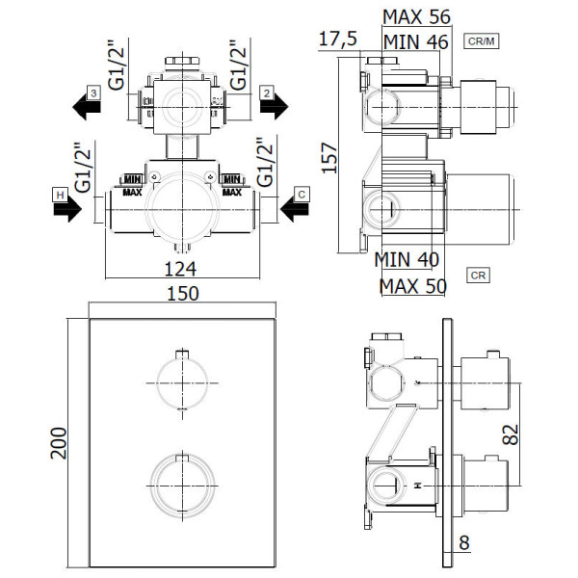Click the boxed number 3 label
click(x=93, y=92)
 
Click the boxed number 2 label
click(x=267, y=93)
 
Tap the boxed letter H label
click(x=60, y=195)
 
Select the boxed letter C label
click(x=302, y=195)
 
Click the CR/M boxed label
click(x=481, y=40)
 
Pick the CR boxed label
click(x=478, y=276)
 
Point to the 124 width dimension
click(x=180, y=269)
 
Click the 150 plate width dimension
click(x=183, y=294)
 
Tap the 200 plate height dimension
click(x=58, y=443)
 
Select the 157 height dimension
click(x=329, y=158)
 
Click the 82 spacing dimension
click(x=511, y=434)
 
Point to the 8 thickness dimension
click(x=464, y=542)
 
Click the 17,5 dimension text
click(x=338, y=39)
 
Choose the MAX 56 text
click(x=416, y=17)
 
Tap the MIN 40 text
click(x=407, y=259)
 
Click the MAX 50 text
click(x=413, y=286)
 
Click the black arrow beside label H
click(x=67, y=210)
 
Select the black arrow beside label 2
click(x=274, y=107)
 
